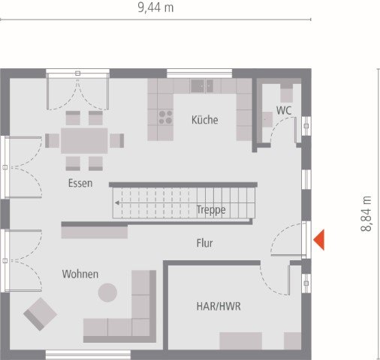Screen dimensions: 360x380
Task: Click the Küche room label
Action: coord(204,119)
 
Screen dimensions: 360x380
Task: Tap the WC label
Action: coord(283,110)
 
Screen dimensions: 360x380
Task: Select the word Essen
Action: coord(80,182)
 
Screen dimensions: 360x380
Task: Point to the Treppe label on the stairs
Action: coord(211,210)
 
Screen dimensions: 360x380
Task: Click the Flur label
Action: coord(204,243)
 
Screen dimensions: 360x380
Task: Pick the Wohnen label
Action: coord(80,274)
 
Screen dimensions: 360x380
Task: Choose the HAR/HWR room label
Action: coord(219,307)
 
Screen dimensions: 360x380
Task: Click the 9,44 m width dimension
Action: coord(155,8)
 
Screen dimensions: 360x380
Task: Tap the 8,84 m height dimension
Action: coord(366,214)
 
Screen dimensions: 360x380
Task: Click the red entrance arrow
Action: coord(318,240)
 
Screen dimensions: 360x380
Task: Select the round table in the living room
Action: coord(108,292)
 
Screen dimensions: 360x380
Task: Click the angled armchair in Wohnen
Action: coord(40,313)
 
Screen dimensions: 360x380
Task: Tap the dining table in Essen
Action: coord(84,140)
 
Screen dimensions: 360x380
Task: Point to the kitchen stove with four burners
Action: coord(164,117)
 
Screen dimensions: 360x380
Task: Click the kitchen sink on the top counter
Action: coord(201,85)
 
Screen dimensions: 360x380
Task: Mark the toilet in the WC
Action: coord(286,92)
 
